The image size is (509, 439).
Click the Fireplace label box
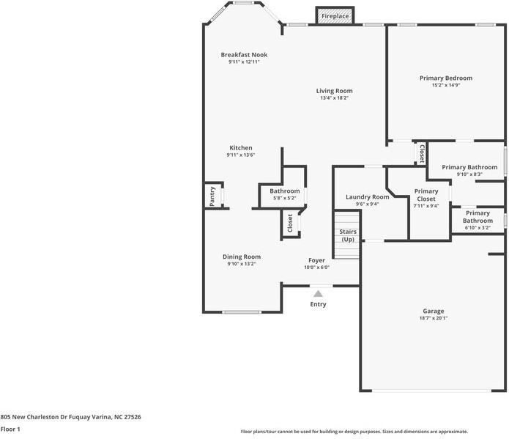point(335,16)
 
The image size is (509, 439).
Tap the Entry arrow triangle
point(318,294)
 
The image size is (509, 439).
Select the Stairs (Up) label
point(347,236)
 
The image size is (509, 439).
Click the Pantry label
point(212,196)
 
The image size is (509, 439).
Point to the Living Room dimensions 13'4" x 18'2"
point(334,98)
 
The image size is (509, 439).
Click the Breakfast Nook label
point(244,55)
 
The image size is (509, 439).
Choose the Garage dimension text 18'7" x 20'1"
point(433,318)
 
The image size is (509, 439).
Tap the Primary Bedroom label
point(445,78)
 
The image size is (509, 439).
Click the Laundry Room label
point(367,197)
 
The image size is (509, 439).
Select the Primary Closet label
point(426,195)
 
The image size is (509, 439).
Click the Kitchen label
point(240,148)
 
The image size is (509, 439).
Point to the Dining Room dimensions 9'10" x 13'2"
point(241,264)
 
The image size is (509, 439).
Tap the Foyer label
point(316,260)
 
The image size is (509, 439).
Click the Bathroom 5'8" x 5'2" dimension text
point(285,198)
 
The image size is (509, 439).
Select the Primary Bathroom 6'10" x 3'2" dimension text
point(478,228)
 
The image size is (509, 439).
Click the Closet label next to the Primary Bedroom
point(422,152)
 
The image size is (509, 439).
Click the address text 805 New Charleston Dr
point(70,416)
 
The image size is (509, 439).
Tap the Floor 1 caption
point(10,429)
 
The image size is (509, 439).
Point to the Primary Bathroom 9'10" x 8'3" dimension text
point(469,174)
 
